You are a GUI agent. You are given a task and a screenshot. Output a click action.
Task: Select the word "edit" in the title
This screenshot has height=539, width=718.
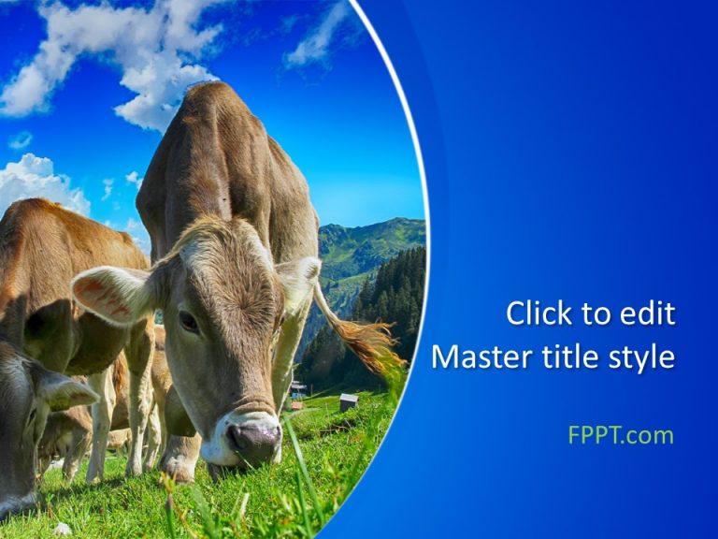(x=648, y=313)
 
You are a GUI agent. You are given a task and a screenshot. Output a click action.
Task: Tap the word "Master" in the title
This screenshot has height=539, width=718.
(x=479, y=357)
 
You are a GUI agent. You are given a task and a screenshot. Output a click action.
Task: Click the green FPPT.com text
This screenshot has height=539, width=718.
(x=620, y=435)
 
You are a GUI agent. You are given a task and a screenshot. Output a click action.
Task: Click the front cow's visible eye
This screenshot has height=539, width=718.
(x=190, y=322)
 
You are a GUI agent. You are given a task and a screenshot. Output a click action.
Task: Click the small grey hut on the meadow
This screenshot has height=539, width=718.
(x=349, y=401)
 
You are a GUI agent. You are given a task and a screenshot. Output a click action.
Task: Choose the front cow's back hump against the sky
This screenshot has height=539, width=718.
(x=215, y=103)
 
